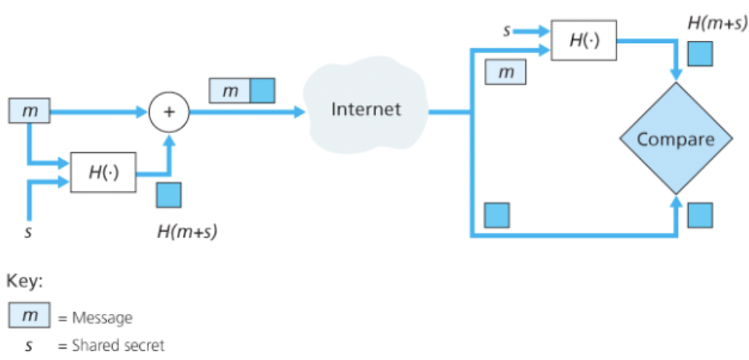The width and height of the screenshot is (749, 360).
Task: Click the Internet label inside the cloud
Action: coord(366,109)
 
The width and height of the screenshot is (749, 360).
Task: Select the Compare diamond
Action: coord(676,140)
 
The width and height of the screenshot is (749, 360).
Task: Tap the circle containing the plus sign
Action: coord(169,112)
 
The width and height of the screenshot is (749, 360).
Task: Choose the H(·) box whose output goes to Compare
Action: coord(584,40)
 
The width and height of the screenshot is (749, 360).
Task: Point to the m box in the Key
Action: coord(29,315)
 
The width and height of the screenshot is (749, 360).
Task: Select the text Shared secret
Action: coord(118,346)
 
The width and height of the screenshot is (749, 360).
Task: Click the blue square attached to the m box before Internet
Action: coord(263,90)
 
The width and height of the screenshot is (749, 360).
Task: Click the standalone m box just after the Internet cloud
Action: coord(506,73)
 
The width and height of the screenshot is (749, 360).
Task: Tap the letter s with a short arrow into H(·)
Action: coord(508,31)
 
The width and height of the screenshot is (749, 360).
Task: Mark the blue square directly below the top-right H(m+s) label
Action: coord(699,53)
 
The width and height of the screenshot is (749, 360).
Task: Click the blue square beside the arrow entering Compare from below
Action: coord(699,215)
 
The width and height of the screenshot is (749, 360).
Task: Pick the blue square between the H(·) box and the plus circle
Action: coord(168,194)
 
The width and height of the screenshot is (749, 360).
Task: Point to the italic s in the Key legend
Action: coord(28,346)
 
